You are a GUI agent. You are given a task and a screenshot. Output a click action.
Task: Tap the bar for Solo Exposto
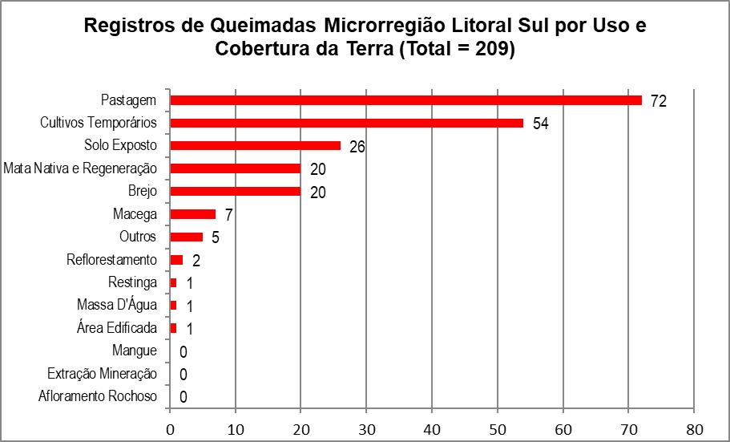coord(255,146)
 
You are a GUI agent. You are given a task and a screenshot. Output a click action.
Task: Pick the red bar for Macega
coord(193,214)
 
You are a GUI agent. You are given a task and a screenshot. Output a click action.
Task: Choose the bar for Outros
coord(187,237)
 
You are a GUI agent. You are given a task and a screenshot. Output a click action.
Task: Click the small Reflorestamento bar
coord(177,260)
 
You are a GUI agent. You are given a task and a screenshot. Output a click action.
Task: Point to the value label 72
coord(659,101)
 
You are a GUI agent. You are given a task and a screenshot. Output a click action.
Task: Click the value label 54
coord(541,124)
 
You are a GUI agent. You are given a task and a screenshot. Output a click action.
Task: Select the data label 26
coord(357,147)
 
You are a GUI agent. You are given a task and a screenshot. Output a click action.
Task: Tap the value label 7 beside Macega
coord(229,215)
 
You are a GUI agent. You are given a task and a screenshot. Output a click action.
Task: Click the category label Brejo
coord(143,192)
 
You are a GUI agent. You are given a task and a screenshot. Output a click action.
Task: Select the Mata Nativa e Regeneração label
coord(80,168)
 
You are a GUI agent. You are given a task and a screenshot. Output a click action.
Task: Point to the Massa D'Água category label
coord(117,305)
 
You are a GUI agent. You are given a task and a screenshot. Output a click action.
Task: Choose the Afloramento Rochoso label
coord(98,396)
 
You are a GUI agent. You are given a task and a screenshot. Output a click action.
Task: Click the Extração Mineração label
coord(103,374)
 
